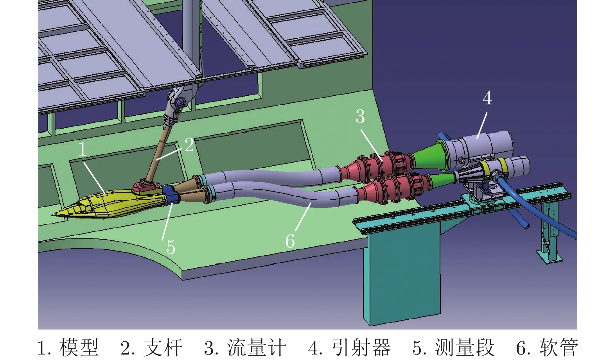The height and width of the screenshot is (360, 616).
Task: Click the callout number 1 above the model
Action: click(83, 150)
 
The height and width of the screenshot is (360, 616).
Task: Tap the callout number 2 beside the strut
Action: click(189, 145)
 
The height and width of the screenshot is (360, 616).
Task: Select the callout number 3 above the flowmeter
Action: click(360, 116)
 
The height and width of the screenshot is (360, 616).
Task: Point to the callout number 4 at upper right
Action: click(487, 98)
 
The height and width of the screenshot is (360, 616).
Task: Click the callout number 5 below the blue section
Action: click(171, 247)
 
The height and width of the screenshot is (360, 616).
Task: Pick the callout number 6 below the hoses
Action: click(290, 241)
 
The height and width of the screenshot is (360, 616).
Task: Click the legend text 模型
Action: click(79, 347)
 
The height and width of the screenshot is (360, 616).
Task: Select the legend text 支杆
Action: click(163, 347)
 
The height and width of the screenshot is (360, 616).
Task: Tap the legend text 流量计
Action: click(257, 347)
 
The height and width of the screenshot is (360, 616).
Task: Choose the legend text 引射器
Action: click(361, 347)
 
